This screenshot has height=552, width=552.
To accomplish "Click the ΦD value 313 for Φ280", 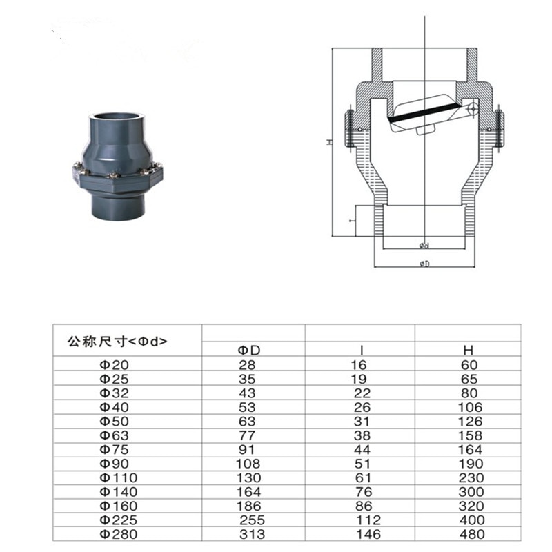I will [249, 533].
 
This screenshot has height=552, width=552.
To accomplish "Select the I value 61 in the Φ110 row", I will [362, 477].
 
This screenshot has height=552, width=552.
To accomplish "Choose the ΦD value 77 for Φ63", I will [247, 435].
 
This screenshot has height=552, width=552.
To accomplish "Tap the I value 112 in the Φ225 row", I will [365, 520].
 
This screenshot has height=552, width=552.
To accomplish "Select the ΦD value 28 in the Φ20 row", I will [247, 364].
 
